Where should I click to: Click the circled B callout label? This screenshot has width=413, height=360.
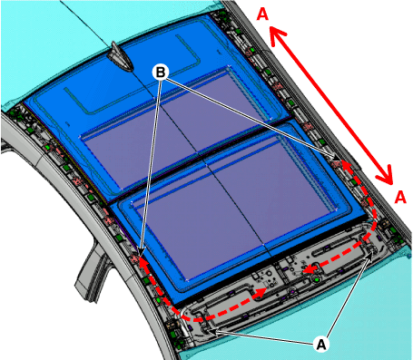161,73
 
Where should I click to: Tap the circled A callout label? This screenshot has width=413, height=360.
321,344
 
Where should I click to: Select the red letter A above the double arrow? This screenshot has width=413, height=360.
262,15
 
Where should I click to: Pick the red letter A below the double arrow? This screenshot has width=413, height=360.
400,197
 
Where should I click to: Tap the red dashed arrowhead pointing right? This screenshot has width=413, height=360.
261,293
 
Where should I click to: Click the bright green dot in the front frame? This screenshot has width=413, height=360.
317,280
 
